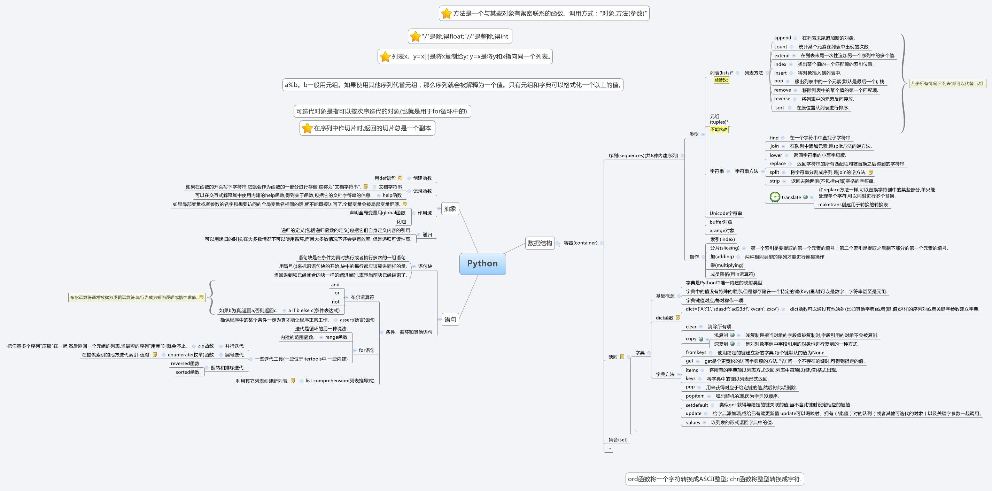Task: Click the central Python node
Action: tap(482, 263)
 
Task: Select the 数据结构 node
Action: tap(540, 243)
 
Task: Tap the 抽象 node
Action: tap(450, 209)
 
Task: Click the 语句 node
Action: tap(450, 320)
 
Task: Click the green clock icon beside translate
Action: tap(774, 197)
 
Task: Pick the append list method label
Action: tap(783, 38)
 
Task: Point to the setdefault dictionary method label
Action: tap(697, 405)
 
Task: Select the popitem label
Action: tap(695, 396)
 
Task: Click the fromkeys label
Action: tap(696, 352)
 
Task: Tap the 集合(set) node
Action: tap(618, 440)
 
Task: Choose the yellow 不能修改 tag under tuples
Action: tap(719, 130)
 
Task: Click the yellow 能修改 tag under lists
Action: tap(721, 80)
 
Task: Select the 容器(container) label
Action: tap(580, 243)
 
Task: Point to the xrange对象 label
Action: tap(722, 230)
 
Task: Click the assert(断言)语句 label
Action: tap(357, 320)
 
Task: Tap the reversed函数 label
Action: tap(185, 363)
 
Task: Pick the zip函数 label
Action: tap(206, 346)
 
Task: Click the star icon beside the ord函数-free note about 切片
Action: tap(307, 128)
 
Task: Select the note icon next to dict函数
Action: tap(678, 318)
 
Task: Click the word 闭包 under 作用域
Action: tap(401, 222)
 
